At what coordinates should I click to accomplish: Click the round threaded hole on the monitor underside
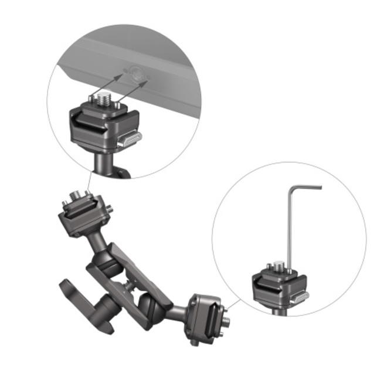pos(137,74)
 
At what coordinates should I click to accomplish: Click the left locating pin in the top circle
pos(91,101)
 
